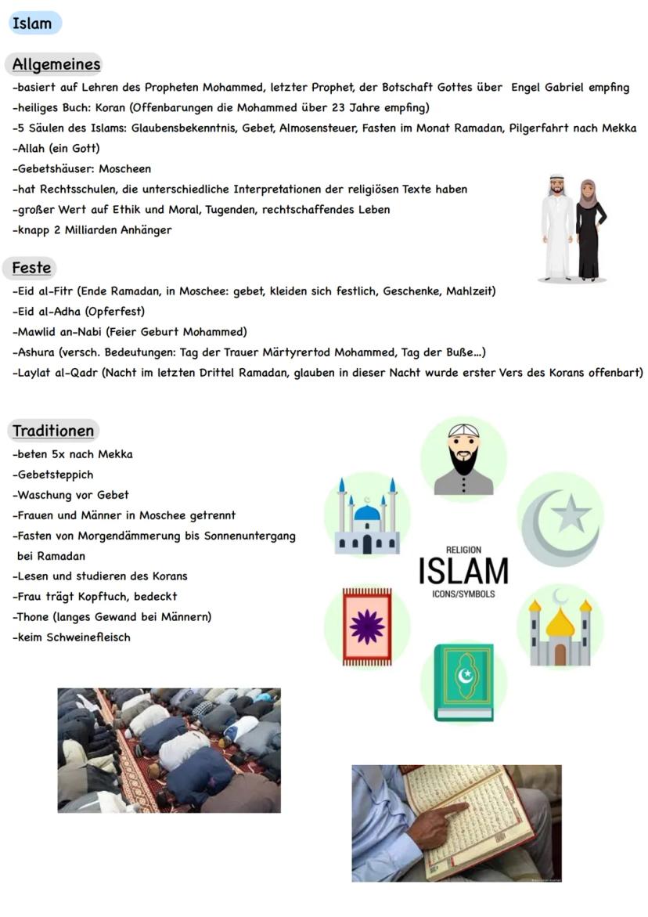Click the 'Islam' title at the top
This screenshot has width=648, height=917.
(33, 23)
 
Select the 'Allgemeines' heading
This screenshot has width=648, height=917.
(56, 64)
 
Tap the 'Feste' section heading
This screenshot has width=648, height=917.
(31, 268)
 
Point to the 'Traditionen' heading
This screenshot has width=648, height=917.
(53, 431)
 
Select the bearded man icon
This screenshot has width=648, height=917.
(463, 460)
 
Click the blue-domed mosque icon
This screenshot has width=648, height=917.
(367, 517)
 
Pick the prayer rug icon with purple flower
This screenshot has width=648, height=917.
(367, 626)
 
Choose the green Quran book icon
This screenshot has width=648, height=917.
(464, 681)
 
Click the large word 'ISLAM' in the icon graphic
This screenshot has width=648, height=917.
(463, 571)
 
